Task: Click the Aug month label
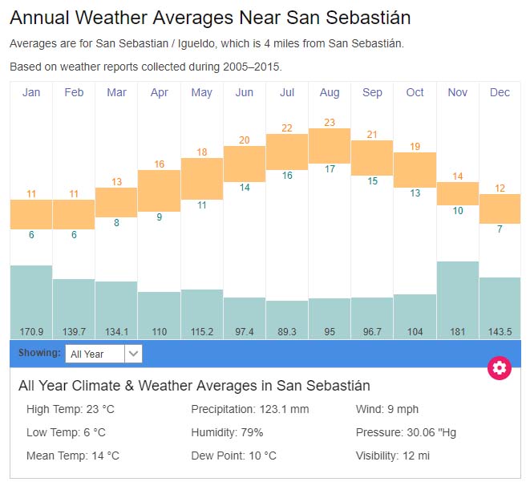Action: pos(330,92)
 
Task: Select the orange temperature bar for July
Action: pos(287,151)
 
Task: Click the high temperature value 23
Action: pos(330,122)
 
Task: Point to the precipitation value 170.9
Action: pos(31,331)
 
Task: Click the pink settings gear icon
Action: pos(500,368)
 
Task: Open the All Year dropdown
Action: pos(103,353)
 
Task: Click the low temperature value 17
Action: pos(330,169)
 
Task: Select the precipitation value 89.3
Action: pos(287,331)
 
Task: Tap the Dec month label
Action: pos(500,92)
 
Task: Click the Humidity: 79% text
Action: pos(227,432)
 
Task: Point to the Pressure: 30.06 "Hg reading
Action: pos(406,432)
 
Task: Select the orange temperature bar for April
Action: pos(160,190)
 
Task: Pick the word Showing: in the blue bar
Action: pos(39,353)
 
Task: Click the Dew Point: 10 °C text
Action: pos(233,456)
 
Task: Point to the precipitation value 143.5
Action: pos(500,331)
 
